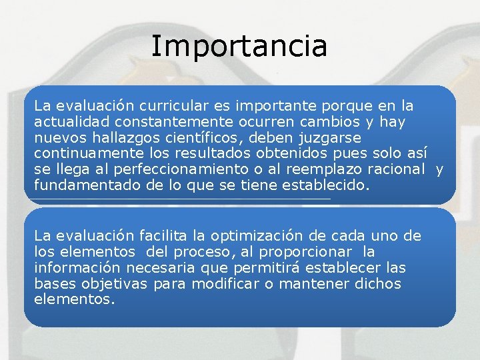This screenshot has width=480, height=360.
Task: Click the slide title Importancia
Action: (x=239, y=47)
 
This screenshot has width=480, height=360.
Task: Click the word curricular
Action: (x=170, y=106)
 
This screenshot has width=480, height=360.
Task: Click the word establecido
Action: (x=327, y=186)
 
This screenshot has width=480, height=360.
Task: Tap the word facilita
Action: (x=162, y=236)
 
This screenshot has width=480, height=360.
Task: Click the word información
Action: (x=77, y=268)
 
